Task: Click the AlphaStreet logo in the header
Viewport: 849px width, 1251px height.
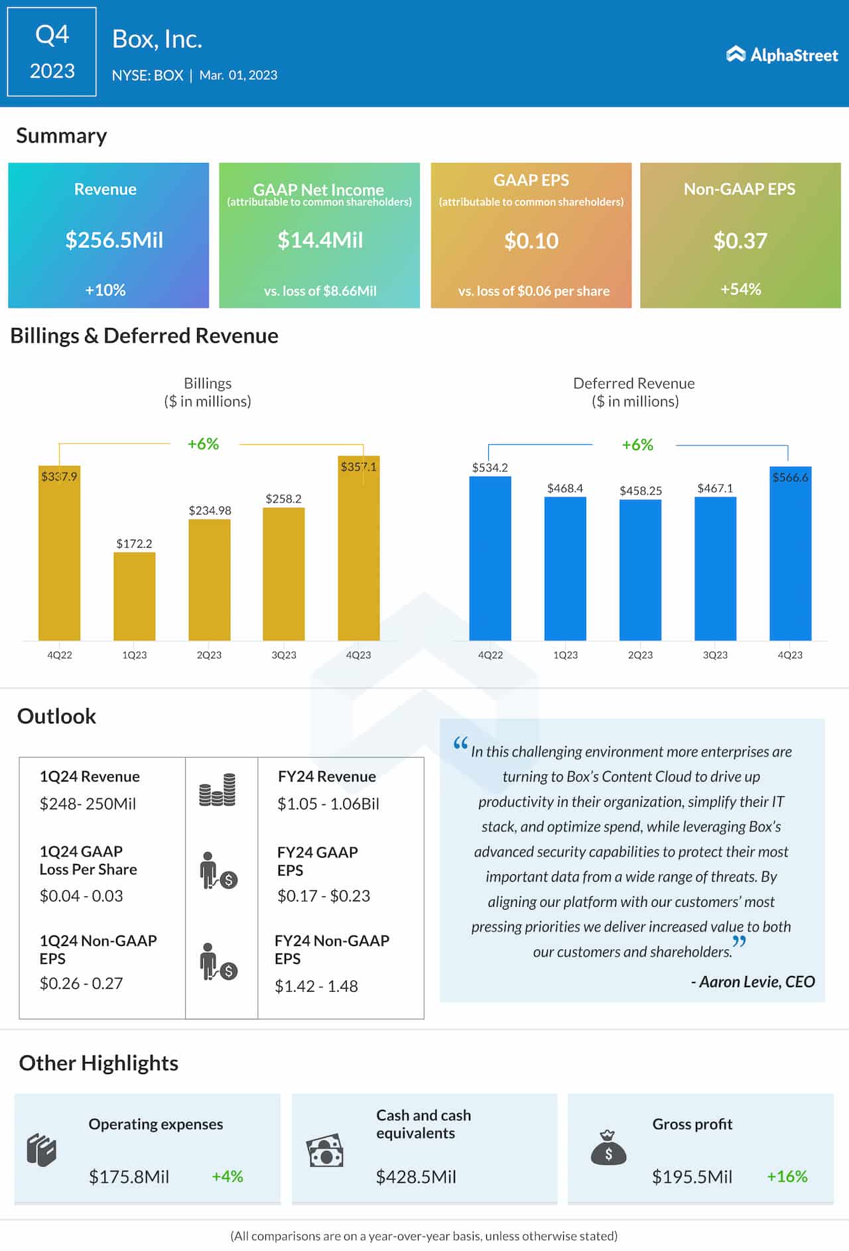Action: coord(782,54)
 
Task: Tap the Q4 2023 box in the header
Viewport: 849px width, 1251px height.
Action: coord(52,52)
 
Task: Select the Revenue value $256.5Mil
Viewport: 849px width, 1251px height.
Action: coord(114,240)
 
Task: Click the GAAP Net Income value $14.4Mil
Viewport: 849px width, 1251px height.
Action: coord(320,240)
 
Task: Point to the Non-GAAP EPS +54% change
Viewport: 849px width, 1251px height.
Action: coord(740,289)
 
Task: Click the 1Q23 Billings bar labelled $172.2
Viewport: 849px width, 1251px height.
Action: coord(135,596)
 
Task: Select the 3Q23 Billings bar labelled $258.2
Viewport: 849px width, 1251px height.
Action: coord(284,573)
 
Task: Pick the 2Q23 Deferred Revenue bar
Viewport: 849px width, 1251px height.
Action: coord(640,569)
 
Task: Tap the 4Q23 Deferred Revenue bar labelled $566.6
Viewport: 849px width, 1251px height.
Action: coord(790,554)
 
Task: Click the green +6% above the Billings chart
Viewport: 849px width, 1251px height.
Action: coord(203,444)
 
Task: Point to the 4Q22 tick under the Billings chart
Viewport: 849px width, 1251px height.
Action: coord(60,655)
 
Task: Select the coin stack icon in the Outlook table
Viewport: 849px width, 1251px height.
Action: coord(218,790)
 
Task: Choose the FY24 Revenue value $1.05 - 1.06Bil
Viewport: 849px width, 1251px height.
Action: coord(328,804)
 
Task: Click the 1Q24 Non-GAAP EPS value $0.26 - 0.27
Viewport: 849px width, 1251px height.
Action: coord(81,983)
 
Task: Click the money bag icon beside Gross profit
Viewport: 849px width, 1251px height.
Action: coord(608,1148)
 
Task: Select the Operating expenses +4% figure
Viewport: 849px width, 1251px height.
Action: coord(228,1177)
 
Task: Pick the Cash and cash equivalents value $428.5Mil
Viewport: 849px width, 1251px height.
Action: coord(416,1177)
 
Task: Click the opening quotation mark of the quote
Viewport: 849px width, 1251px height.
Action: coord(460,744)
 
